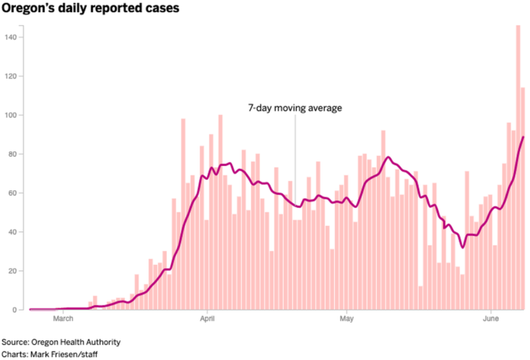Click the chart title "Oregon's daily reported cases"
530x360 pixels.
[x=91, y=9]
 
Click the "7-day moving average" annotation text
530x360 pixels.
[x=295, y=108]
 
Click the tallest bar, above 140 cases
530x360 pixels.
[x=518, y=167]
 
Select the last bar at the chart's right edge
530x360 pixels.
[x=523, y=198]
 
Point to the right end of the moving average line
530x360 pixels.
[x=523, y=137]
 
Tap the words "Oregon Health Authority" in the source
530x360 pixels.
[x=76, y=342]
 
